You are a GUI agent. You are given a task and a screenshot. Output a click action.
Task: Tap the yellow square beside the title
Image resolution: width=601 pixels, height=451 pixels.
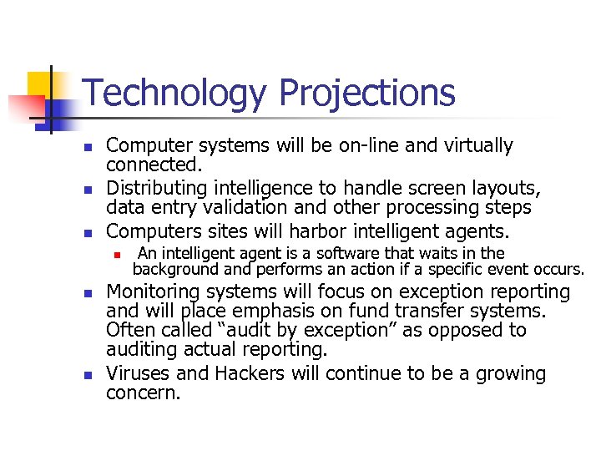[x=42, y=84]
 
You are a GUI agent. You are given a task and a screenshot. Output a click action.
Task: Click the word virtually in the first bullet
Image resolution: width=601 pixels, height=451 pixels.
[x=474, y=145]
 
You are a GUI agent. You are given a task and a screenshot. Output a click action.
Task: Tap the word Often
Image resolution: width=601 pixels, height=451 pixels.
[x=127, y=331]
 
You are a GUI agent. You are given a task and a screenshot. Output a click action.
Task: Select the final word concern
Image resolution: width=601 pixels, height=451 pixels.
[x=143, y=393]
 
